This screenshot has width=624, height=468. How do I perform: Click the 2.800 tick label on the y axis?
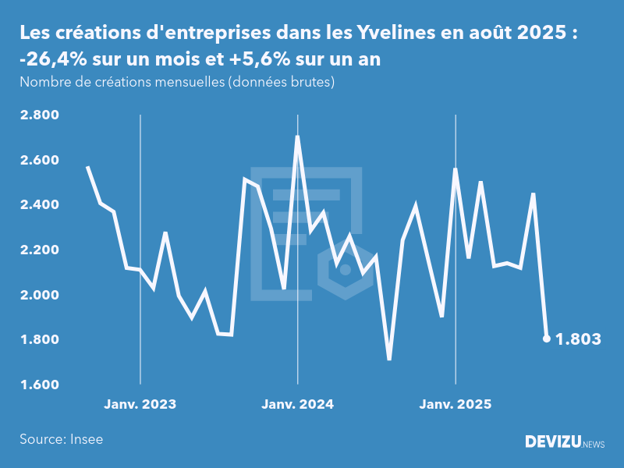point(39,115)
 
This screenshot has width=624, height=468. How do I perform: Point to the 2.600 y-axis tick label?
point(39,161)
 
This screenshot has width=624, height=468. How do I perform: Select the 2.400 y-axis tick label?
point(39,205)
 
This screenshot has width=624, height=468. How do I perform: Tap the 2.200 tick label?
point(39,250)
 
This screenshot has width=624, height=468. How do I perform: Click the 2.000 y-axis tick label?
point(39,295)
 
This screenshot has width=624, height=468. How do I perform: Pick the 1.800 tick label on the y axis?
point(39,340)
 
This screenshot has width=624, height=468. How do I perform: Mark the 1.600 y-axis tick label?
point(39,385)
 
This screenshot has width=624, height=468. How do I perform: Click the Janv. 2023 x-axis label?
point(140,404)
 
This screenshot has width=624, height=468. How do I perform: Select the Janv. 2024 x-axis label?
point(297,404)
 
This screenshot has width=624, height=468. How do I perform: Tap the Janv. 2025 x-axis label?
point(456,404)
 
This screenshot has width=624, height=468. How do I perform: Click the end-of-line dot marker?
point(547,339)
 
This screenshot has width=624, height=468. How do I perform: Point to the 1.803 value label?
point(578,339)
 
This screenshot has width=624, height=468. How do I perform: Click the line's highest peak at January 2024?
point(297,137)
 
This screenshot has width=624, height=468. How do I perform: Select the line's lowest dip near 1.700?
point(388,359)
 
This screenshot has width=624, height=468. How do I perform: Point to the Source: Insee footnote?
point(62,439)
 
